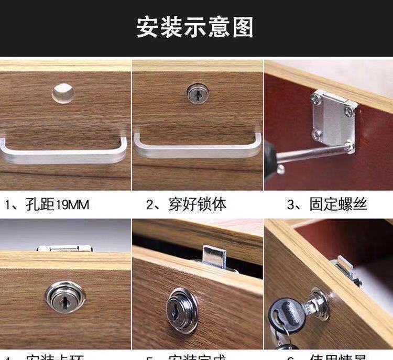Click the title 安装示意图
pos(195,27)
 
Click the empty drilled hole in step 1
pos(63,93)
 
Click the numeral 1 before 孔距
pos(8,204)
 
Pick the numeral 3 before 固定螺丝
pos(291,204)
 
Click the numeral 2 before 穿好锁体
pos(150,204)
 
